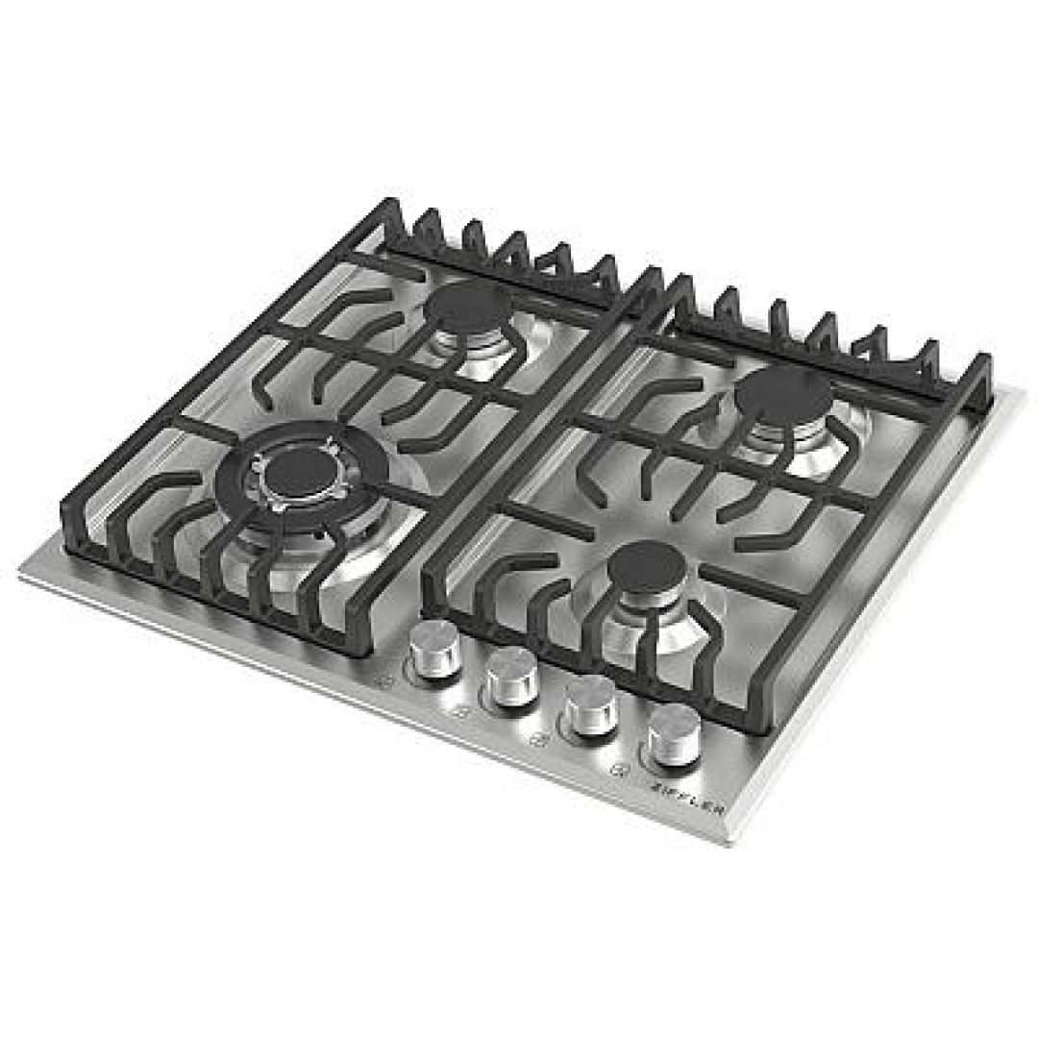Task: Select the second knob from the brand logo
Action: point(591,705)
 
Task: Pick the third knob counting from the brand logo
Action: point(511,677)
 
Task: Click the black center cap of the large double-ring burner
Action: point(296,472)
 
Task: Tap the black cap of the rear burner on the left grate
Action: point(468,308)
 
